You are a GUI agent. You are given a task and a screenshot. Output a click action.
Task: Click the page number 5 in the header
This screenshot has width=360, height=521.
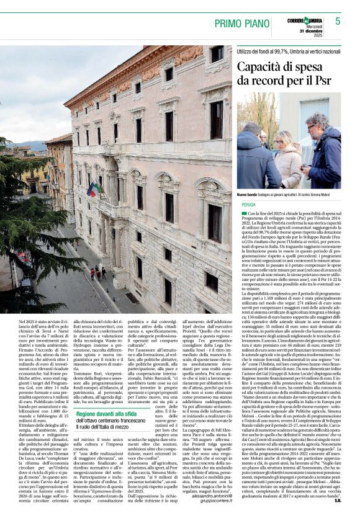coord(338,21)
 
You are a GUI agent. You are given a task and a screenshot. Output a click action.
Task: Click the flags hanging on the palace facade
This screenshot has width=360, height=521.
coord(94,187)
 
